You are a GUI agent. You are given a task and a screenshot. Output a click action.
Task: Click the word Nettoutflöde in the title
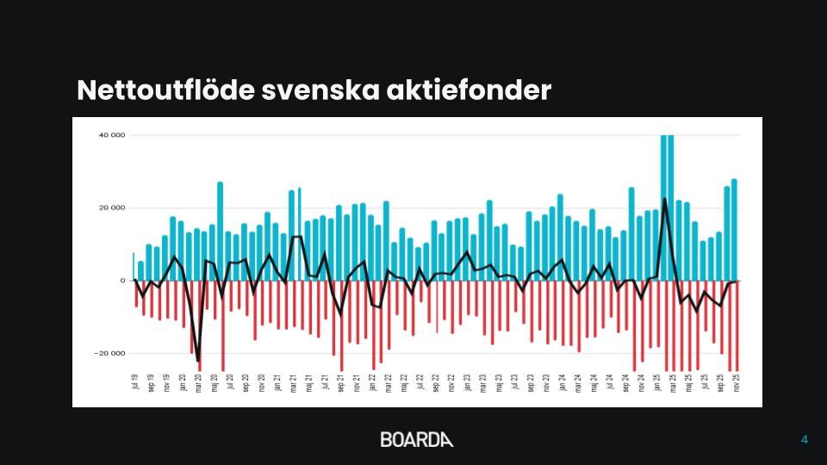point(164,90)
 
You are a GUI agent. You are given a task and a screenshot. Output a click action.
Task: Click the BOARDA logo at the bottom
point(416,439)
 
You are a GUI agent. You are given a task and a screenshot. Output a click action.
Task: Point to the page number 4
point(805,440)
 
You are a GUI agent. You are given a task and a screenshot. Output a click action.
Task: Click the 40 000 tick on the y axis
point(113,135)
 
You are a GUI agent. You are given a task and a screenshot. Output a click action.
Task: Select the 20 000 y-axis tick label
point(113,208)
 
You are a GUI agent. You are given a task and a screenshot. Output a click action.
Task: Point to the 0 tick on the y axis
point(123,281)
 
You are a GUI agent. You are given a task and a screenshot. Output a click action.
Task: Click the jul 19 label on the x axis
point(135,382)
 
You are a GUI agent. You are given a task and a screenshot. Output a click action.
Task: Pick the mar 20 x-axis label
point(198,382)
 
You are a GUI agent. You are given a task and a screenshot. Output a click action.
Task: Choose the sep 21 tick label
point(340,382)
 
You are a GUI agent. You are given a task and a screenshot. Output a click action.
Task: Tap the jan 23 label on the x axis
point(467,382)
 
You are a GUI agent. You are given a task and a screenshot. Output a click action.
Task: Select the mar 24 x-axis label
point(578,382)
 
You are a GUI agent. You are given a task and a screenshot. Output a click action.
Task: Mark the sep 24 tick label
point(625,382)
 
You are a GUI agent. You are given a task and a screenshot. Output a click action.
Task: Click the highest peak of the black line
point(664,200)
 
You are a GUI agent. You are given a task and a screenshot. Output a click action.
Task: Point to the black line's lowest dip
point(197,361)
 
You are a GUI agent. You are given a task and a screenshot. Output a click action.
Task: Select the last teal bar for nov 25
point(734,229)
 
